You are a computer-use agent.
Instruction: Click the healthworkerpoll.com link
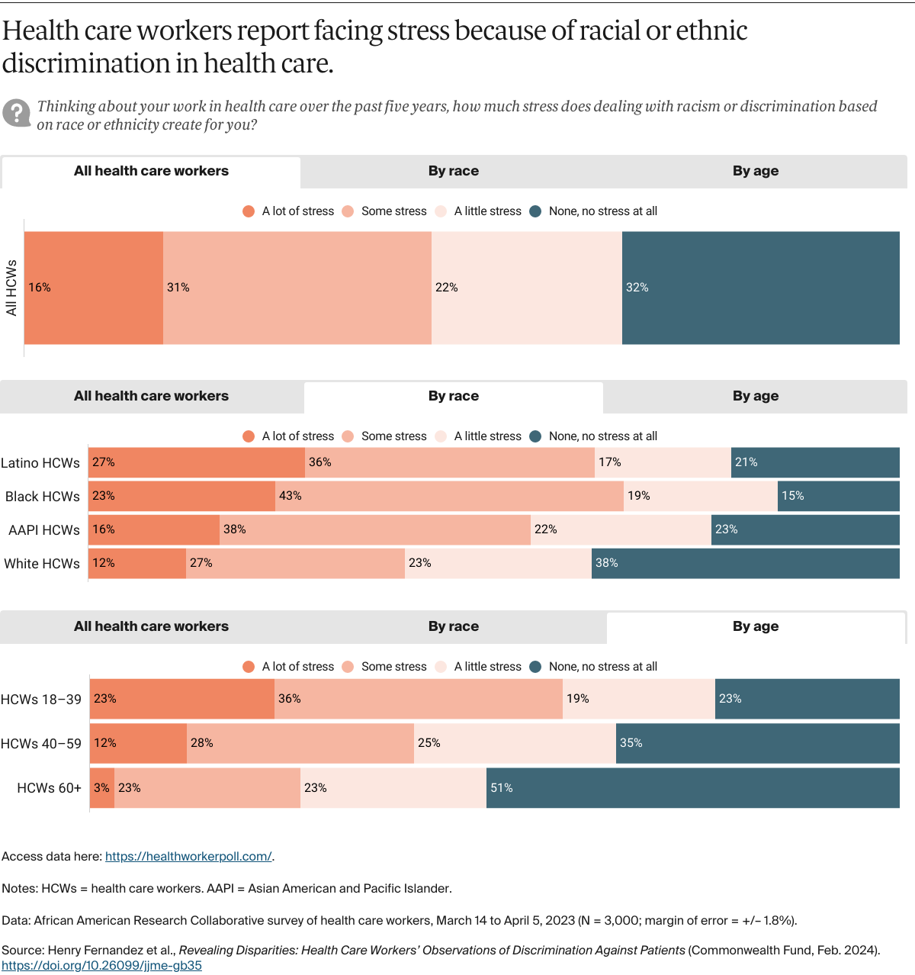pos(188,857)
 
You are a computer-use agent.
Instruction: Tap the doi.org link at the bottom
pos(101,966)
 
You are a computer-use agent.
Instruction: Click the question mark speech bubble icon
pos(16,113)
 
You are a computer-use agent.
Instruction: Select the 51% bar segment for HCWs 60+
pos(692,788)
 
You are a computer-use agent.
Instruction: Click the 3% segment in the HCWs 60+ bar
pos(102,788)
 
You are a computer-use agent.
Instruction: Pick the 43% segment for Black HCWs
pos(449,496)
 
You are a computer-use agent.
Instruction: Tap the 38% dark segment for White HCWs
pos(745,563)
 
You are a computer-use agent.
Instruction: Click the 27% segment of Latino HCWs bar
pos(197,462)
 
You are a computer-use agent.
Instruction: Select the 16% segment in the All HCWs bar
pos(94,288)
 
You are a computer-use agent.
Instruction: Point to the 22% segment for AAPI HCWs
pos(621,529)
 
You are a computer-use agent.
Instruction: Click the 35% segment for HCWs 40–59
pos(757,743)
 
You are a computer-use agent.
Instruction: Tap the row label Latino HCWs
pos(40,463)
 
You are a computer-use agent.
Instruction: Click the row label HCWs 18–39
pos(41,700)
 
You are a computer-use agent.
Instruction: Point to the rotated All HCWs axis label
pos(11,288)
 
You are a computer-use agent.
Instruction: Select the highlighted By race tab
pos(454,396)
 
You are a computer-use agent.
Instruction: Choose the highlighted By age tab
pos(756,626)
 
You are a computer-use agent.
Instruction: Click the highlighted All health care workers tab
pos(151,171)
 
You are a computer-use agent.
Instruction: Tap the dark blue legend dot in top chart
pos(535,211)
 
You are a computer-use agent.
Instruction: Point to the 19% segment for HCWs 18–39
pos(638,699)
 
